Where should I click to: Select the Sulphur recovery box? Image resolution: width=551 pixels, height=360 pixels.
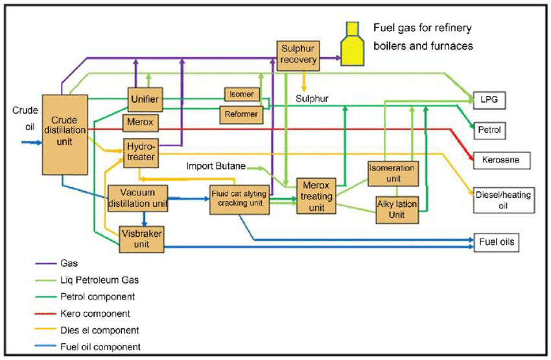tap(299, 54)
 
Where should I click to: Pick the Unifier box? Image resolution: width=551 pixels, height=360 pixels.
tap(145, 99)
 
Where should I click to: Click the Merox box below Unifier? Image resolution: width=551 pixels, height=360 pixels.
tap(140, 123)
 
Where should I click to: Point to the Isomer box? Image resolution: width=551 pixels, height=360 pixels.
tap(242, 95)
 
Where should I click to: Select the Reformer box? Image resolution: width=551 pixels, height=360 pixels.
tap(242, 114)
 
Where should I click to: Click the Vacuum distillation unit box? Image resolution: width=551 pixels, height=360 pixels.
tap(137, 198)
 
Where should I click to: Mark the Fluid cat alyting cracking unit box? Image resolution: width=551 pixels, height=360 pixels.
tap(239, 200)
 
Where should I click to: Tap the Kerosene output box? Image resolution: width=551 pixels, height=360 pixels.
tap(501, 160)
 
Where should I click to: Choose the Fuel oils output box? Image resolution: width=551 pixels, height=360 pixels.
tap(498, 242)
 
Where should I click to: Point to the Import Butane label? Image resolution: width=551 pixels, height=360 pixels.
tap(216, 166)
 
